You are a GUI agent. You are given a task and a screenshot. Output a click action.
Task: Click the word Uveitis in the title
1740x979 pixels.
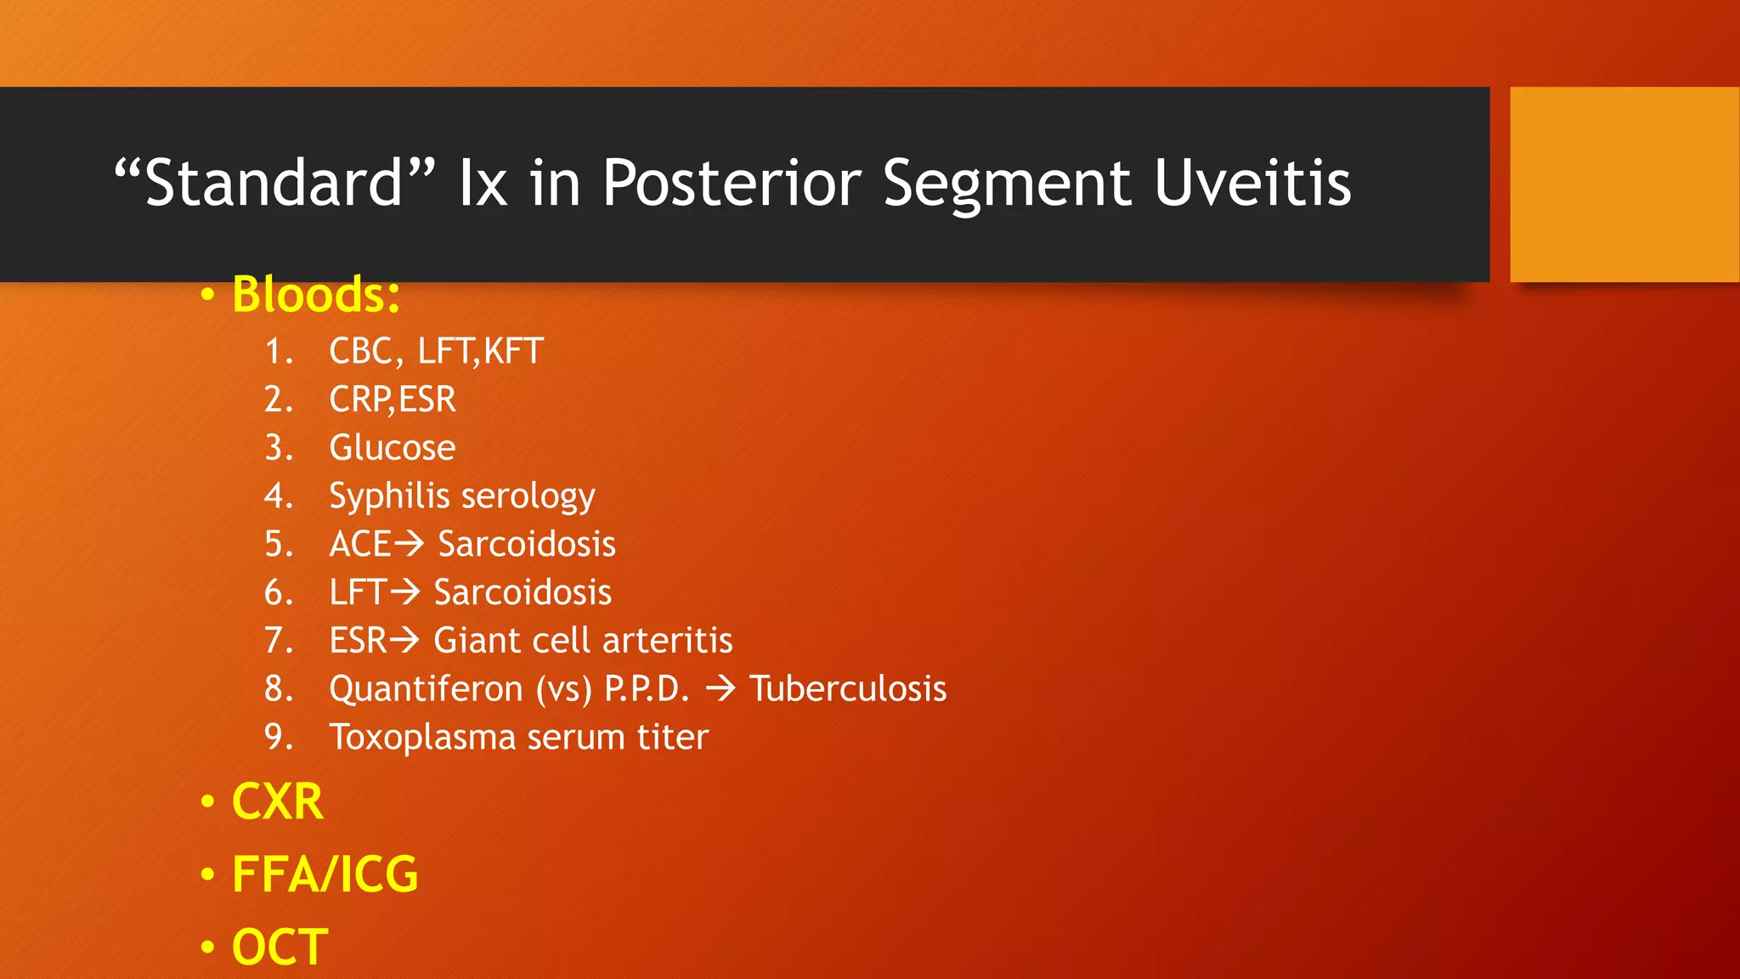1252,183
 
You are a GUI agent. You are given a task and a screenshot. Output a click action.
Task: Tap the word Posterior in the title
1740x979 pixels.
732,183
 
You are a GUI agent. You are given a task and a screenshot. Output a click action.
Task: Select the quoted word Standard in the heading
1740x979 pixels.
274,183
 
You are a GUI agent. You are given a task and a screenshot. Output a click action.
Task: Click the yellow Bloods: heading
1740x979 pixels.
316,295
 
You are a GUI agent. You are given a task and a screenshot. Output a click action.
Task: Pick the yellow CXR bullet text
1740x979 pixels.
278,801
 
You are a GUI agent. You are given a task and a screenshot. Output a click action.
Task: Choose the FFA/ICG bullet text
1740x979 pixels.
325,874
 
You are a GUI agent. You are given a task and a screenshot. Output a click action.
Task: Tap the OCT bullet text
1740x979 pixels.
280,947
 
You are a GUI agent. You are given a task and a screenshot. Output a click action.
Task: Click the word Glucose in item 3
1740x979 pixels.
392,448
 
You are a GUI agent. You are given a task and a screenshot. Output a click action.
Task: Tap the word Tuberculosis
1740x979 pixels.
847,688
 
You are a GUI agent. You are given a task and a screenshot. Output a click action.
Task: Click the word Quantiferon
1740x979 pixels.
426,688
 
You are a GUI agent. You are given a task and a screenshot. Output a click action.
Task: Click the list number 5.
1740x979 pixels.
274,544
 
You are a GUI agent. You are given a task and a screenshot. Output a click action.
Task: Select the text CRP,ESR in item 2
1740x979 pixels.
392,399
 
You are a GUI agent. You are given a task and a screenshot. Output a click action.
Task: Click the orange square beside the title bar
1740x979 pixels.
1624,184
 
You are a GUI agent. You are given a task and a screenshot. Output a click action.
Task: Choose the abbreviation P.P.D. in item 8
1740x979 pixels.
646,688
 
